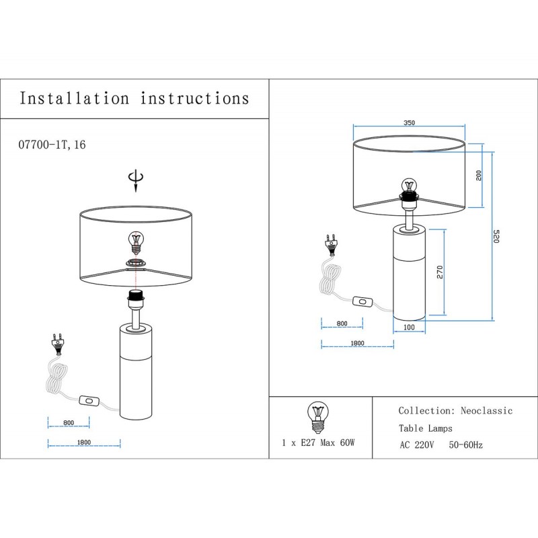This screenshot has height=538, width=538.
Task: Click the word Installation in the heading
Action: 74,98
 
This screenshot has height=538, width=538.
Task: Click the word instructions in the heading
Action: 195,98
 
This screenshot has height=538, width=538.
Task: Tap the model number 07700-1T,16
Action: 52,145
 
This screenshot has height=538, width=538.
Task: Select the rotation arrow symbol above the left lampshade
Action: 136,180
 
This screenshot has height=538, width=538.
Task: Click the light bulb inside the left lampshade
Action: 136,241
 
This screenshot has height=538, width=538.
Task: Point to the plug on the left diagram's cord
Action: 59,344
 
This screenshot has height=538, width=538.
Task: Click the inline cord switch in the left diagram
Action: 88,401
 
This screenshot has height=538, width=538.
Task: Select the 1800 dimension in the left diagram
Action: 83,443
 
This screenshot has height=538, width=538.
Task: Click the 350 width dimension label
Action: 409,123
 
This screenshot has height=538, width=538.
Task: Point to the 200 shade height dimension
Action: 479,175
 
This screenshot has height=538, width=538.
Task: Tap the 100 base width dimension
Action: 409,327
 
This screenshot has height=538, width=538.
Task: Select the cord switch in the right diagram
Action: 364,303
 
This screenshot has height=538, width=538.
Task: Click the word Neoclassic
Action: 486,411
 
